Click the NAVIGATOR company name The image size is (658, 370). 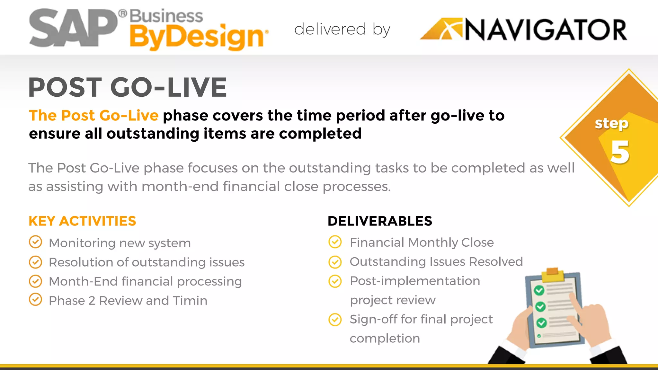(x=546, y=30)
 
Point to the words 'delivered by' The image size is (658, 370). (x=342, y=30)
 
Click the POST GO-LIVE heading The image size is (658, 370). (x=128, y=87)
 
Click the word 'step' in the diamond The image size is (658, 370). (x=611, y=123)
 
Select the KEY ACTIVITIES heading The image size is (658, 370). (x=82, y=221)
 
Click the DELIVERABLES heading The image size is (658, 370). (x=380, y=221)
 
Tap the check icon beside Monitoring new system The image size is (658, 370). (x=35, y=242)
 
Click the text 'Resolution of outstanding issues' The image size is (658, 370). (x=147, y=262)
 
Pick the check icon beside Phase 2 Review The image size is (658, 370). (x=35, y=299)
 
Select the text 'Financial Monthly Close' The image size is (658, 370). (x=422, y=242)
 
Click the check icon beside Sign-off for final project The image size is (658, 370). (x=335, y=320)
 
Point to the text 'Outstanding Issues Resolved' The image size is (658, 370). (x=436, y=262)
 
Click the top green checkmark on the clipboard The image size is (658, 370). (x=539, y=290)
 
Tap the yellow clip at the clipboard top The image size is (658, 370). (x=552, y=274)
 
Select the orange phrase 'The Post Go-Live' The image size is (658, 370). (x=93, y=116)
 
